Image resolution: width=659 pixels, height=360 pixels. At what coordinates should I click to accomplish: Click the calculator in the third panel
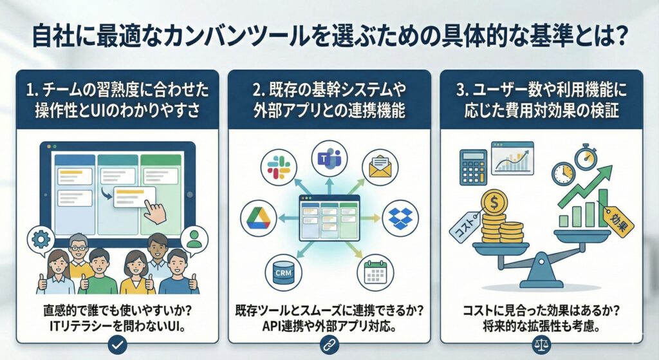pos(473,167)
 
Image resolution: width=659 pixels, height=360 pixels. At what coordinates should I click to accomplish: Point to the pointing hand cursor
pos(154,211)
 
